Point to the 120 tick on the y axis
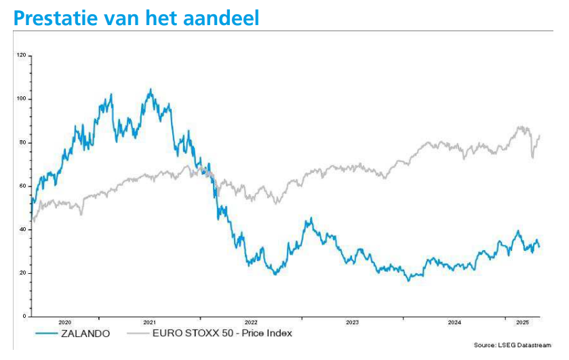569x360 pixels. (x=22, y=55)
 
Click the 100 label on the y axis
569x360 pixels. (x=22, y=99)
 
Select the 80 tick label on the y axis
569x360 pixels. (x=23, y=142)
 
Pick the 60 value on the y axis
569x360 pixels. (x=23, y=186)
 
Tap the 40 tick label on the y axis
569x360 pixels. (x=23, y=229)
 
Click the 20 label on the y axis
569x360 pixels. (x=23, y=273)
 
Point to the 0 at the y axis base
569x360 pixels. (x=24, y=316)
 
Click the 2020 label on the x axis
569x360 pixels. (x=65, y=322)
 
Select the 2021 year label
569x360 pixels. (x=149, y=322)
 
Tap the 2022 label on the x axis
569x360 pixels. (x=251, y=322)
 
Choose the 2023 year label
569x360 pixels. (x=352, y=322)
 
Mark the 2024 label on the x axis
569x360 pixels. (x=454, y=322)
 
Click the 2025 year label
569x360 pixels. (x=523, y=322)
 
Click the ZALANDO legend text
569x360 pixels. (x=85, y=334)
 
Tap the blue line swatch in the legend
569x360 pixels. (x=46, y=333)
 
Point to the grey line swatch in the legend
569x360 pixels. (x=138, y=333)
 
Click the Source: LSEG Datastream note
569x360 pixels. (x=513, y=345)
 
